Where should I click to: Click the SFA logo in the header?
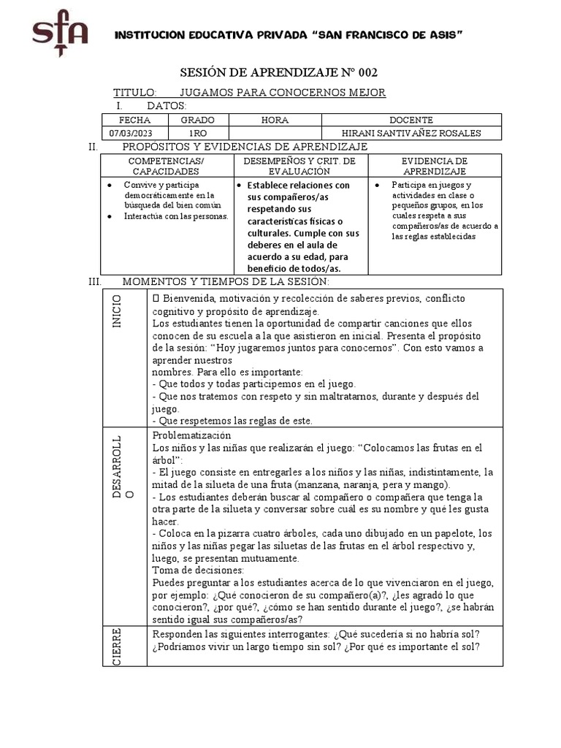tap(60, 37)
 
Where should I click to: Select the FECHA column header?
tap(134, 120)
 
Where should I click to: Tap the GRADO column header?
tap(198, 120)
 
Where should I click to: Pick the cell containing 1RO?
tap(198, 133)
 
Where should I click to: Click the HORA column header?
tap(275, 120)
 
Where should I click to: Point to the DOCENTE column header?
tap(412, 120)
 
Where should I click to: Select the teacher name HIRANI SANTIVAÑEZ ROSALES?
tap(412, 133)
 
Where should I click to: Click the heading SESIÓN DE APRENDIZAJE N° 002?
tap(280, 72)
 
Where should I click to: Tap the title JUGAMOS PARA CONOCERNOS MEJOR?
tap(282, 93)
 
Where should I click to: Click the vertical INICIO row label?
tap(117, 312)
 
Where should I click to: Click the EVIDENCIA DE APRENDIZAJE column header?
tap(435, 166)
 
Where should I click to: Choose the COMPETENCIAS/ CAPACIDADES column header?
tap(166, 166)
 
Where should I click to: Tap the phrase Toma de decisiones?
tap(198, 570)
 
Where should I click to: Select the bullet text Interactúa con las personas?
tap(175, 216)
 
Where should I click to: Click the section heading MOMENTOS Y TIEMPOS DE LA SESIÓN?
tap(226, 281)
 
